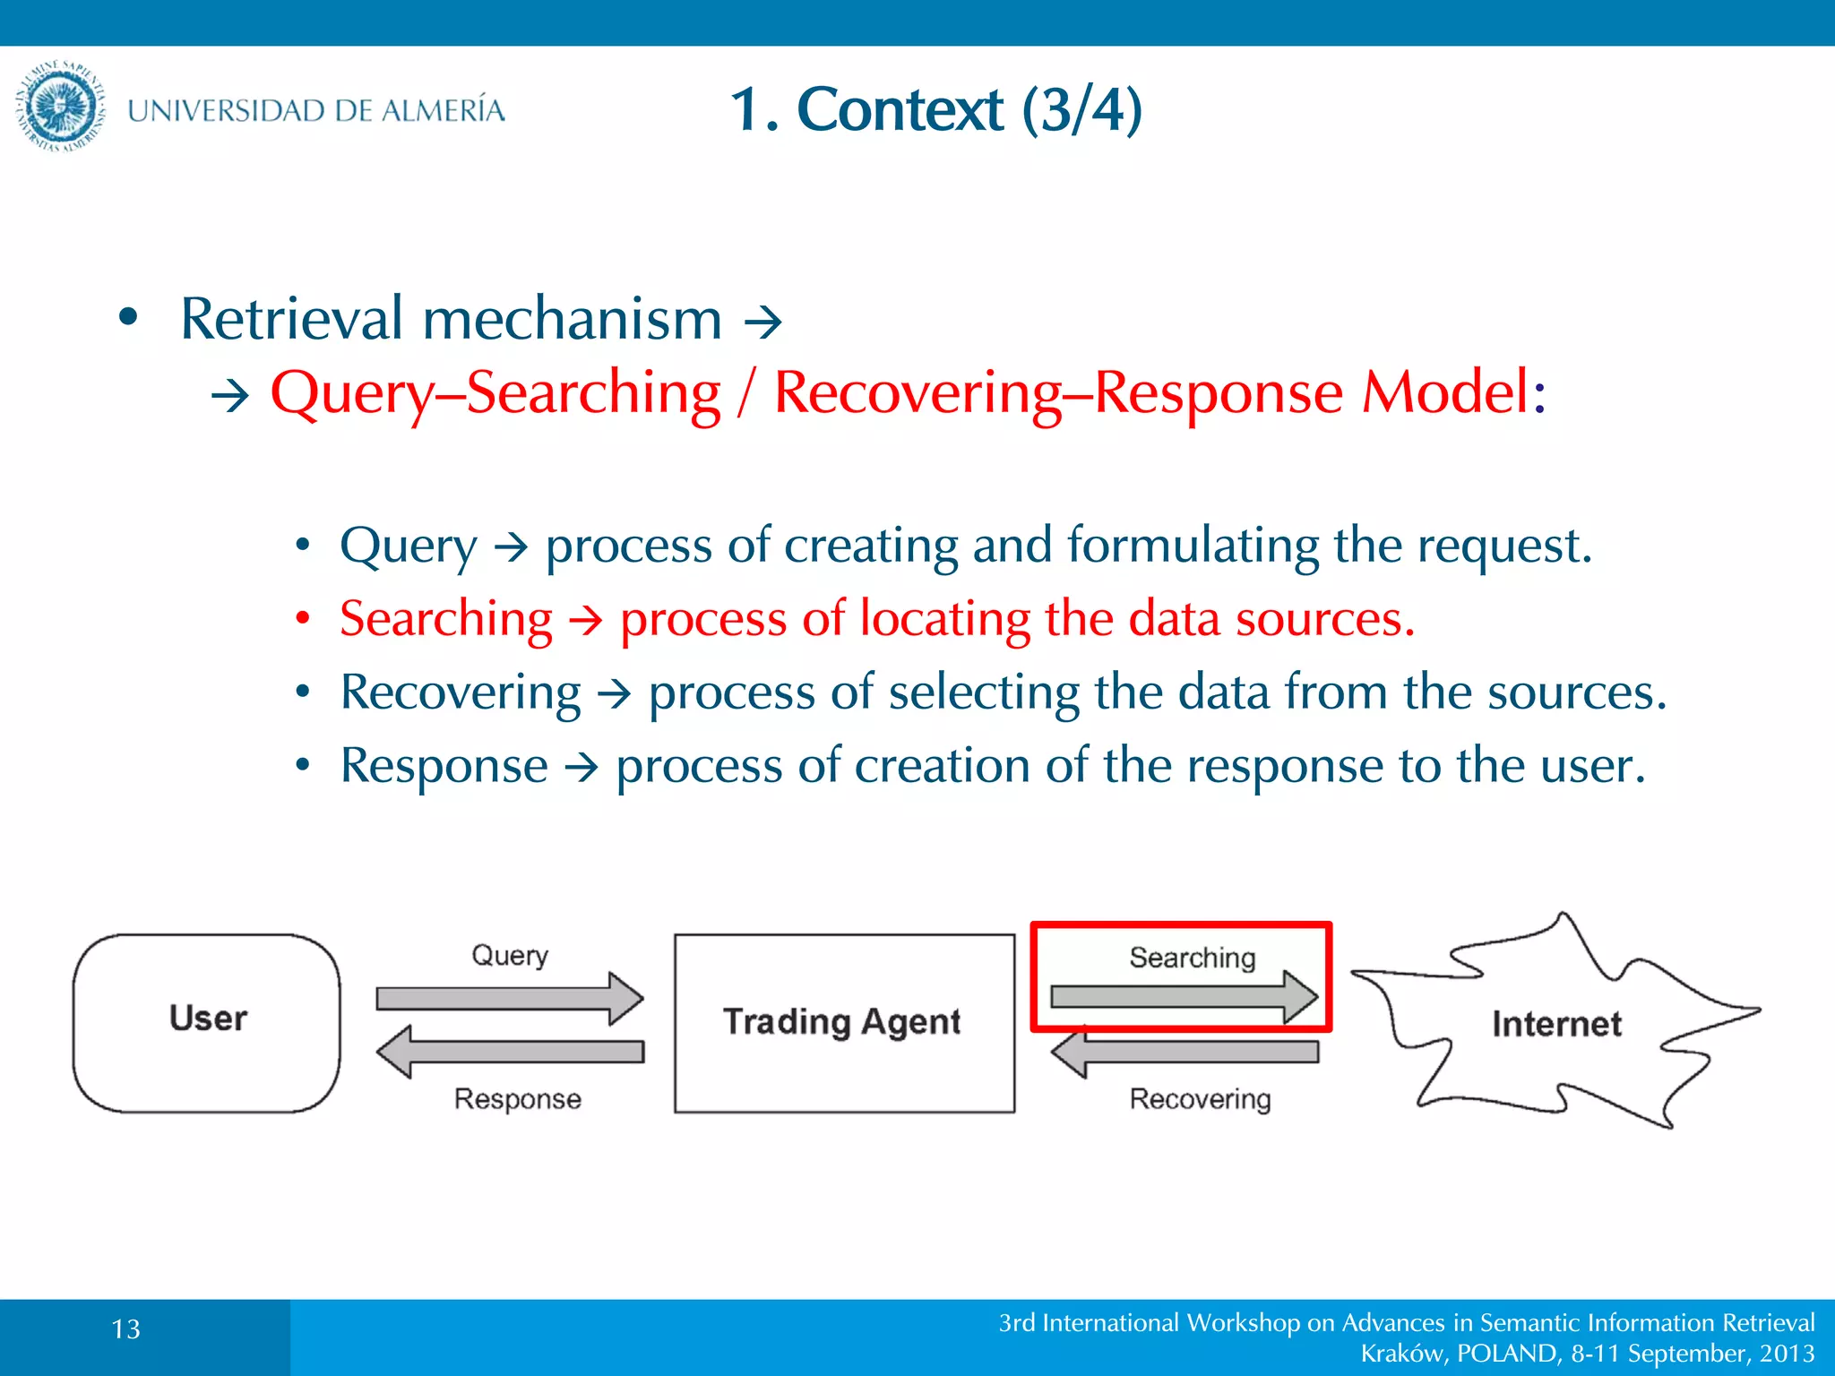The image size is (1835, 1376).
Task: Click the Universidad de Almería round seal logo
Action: click(60, 107)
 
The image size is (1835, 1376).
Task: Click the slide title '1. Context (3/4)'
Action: click(935, 109)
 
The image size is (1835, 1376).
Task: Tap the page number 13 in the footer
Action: click(126, 1329)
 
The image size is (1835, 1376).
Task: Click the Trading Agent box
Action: click(843, 1022)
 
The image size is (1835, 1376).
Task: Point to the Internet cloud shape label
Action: click(1556, 1024)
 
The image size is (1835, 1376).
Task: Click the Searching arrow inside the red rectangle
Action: click(1183, 996)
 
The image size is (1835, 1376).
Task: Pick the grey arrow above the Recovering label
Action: click(1185, 1052)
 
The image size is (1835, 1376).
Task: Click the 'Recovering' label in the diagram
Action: click(1200, 1099)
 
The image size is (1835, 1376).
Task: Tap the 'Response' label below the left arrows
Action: click(517, 1099)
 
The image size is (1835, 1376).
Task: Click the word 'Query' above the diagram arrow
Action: click(510, 956)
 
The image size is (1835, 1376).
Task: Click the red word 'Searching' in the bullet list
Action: click(446, 619)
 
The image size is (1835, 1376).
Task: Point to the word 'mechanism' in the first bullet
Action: click(572, 319)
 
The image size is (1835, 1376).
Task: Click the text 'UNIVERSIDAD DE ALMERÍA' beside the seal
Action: click(316, 110)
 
